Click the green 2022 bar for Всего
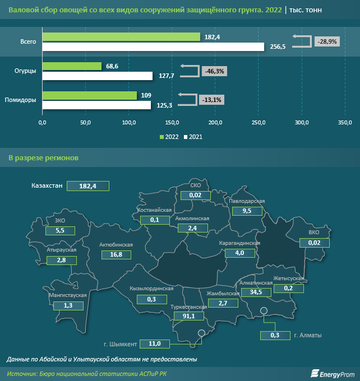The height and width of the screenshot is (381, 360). click(121, 37)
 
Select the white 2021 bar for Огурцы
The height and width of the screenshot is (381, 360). click(98, 76)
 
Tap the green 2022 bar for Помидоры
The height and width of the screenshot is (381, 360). click(90, 95)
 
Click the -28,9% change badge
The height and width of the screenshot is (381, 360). click(327, 41)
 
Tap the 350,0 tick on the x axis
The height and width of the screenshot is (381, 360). click(345, 122)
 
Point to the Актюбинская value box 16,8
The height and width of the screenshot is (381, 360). click(116, 254)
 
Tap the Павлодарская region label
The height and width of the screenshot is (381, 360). click(247, 201)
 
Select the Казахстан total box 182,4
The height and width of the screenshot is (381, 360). click(87, 186)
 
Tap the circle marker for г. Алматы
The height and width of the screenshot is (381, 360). click(264, 312)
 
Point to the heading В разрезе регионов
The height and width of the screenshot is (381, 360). click(44, 157)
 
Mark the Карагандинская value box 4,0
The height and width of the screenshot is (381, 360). click(239, 253)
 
